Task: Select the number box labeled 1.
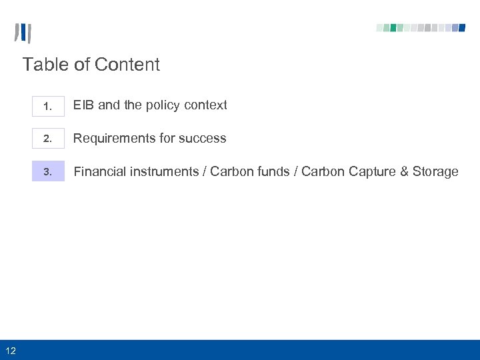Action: [x=48, y=106]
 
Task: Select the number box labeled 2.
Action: [x=48, y=139]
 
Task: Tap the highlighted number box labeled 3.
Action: [x=48, y=171]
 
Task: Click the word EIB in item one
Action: [x=83, y=105]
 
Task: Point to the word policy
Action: [x=163, y=105]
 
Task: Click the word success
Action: [x=203, y=138]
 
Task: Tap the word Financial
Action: [x=99, y=171]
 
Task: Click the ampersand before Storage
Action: [x=404, y=171]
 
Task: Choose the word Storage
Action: [x=435, y=172]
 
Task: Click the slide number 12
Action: [x=11, y=350]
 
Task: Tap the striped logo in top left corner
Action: [x=23, y=33]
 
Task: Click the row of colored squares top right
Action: [x=421, y=28]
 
